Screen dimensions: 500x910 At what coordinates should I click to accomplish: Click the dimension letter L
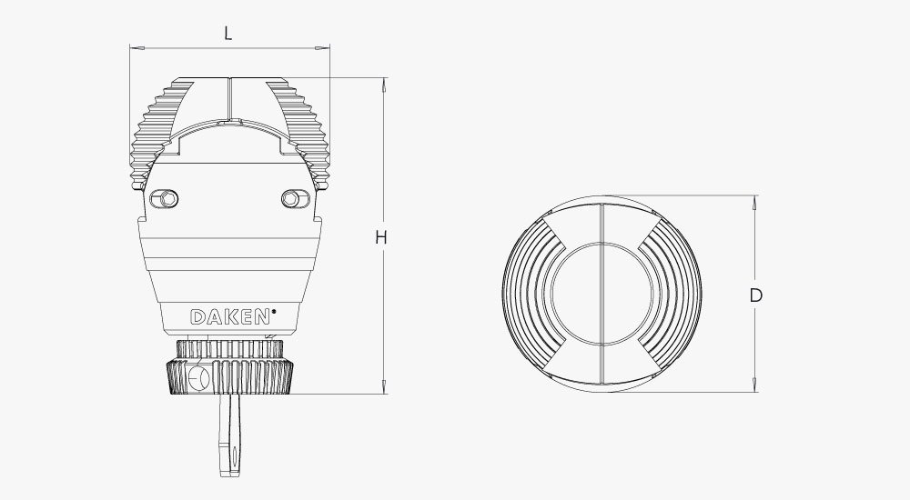pyautogui.click(x=228, y=34)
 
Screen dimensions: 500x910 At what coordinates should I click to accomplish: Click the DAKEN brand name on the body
pyautogui.click(x=229, y=317)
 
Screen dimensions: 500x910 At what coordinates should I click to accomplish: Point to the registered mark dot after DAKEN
pyautogui.click(x=274, y=312)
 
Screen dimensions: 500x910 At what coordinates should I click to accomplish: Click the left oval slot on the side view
pyautogui.click(x=166, y=198)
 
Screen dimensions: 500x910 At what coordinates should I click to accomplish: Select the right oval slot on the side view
pyautogui.click(x=291, y=198)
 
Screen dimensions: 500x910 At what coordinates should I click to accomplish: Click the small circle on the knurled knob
pyautogui.click(x=203, y=375)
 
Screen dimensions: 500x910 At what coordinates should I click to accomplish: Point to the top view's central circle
pyautogui.click(x=601, y=294)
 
